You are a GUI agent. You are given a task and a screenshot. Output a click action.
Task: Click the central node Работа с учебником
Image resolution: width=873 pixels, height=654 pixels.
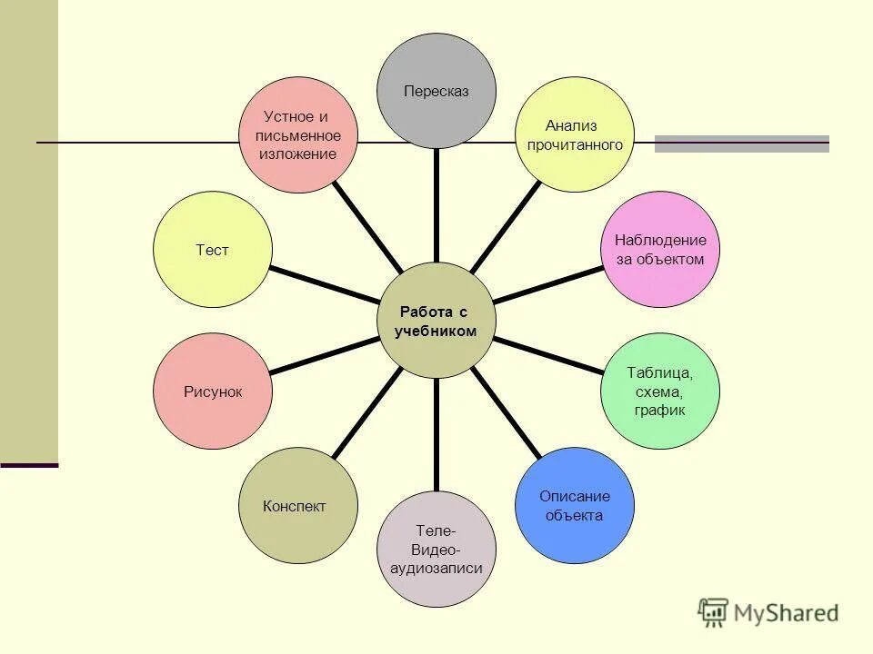[436, 321]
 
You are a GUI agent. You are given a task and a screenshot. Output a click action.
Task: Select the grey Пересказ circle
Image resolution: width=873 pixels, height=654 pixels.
[436, 91]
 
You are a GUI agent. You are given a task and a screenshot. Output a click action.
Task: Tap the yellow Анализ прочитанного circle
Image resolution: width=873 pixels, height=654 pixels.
[575, 134]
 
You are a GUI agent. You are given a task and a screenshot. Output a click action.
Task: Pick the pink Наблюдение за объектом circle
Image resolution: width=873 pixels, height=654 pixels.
[660, 249]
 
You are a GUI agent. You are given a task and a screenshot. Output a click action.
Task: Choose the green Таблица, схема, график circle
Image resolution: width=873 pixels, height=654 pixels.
[660, 391]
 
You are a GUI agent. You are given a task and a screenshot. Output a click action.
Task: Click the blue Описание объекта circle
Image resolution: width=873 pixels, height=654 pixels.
[574, 506]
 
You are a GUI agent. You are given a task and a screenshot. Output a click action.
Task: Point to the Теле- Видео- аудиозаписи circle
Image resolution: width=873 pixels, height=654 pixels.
[436, 549]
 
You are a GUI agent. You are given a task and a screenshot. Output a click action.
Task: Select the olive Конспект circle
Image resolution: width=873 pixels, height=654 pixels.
[296, 506]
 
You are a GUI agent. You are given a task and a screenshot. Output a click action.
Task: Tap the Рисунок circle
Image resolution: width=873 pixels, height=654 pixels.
[213, 391]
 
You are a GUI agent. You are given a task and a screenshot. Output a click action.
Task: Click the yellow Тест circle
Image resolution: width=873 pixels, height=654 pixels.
[213, 249]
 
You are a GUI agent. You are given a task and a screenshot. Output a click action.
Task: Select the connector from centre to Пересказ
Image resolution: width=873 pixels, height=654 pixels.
[436, 204]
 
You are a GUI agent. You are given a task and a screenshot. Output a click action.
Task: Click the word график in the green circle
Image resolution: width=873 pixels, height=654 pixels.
[660, 411]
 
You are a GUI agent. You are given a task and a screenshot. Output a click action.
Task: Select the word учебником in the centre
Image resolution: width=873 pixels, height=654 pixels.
[436, 332]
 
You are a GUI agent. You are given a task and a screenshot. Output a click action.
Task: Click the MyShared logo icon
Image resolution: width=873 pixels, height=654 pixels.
[714, 613]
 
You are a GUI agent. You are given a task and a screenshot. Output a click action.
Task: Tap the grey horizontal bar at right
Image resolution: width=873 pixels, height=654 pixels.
[742, 144]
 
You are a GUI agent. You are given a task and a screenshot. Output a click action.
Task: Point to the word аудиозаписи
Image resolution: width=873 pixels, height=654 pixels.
[436, 569]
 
